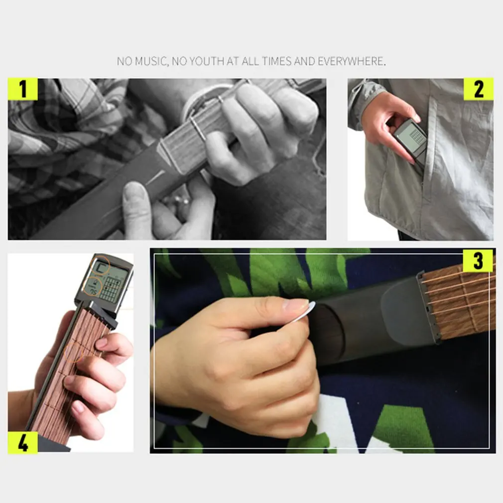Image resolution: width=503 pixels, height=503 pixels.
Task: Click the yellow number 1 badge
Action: pyautogui.click(x=22, y=89)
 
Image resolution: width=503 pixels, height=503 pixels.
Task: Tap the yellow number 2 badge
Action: pyautogui.click(x=478, y=89)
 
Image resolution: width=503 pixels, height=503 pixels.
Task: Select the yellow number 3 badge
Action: pyautogui.click(x=478, y=260)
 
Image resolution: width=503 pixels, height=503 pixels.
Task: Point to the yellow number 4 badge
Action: pyautogui.click(x=22, y=442)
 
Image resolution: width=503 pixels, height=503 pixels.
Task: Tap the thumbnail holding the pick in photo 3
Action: pyautogui.click(x=295, y=305)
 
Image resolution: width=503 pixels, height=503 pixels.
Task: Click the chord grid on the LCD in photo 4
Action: pyautogui.click(x=110, y=289)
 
